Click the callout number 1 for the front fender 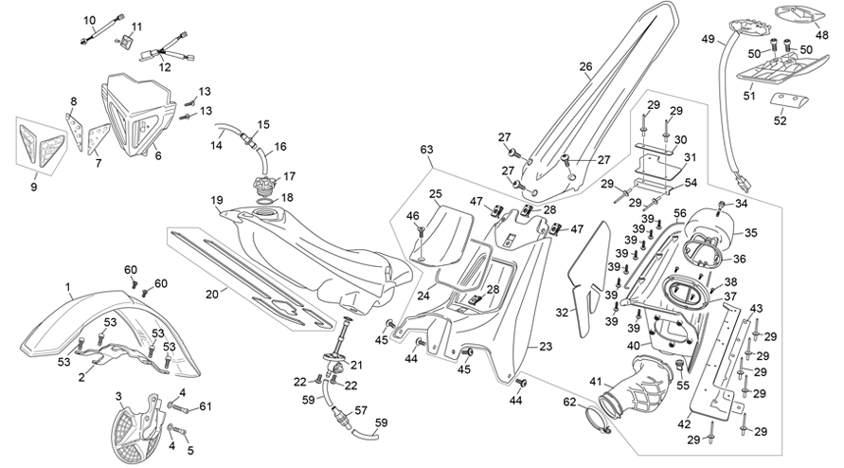pyautogui.click(x=68, y=288)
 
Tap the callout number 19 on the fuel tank pyautogui.click(x=217, y=201)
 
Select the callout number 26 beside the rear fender pyautogui.click(x=585, y=66)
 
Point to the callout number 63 pyautogui.click(x=427, y=149)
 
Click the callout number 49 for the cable pyautogui.click(x=708, y=39)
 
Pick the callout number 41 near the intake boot pyautogui.click(x=595, y=382)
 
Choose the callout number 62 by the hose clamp pyautogui.click(x=569, y=402)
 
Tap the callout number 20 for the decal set pyautogui.click(x=212, y=294)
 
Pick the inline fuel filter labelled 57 pyautogui.click(x=341, y=415)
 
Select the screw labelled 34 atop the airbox pyautogui.click(x=721, y=206)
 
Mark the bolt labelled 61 pyautogui.click(x=181, y=408)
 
